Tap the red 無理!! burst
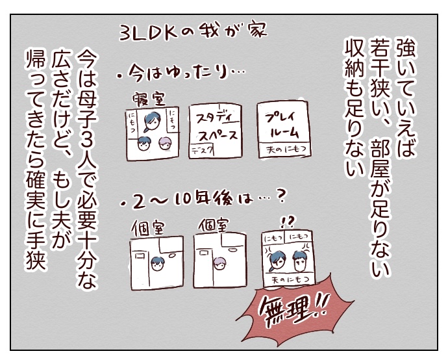point(294,310)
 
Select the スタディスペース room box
point(216,131)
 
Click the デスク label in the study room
point(202,150)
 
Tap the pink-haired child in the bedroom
point(164,143)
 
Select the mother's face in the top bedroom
point(151,122)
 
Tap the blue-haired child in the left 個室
point(156,264)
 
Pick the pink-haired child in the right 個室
point(219,264)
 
